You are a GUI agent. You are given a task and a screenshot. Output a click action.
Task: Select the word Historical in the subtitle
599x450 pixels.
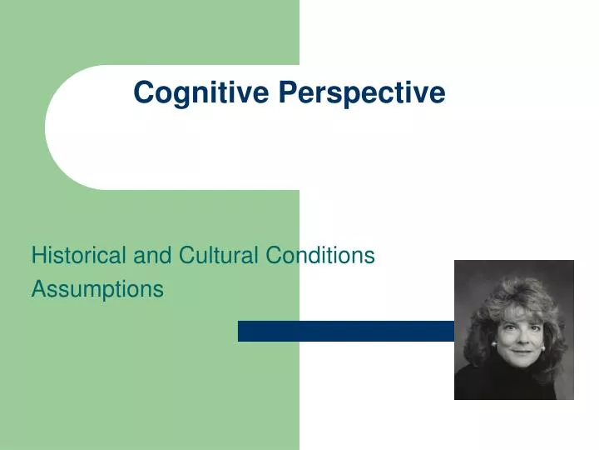[80, 256]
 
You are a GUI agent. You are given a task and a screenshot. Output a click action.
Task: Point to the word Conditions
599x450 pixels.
[321, 256]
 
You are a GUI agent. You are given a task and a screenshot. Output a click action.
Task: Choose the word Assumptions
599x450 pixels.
[97, 289]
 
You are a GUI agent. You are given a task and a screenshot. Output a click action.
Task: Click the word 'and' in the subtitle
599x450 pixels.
[151, 256]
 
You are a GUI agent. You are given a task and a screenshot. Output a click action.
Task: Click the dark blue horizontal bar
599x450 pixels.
[345, 331]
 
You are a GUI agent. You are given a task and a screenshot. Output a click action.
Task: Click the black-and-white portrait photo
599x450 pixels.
[514, 330]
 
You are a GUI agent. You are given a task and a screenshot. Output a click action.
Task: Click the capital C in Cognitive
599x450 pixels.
[142, 92]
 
